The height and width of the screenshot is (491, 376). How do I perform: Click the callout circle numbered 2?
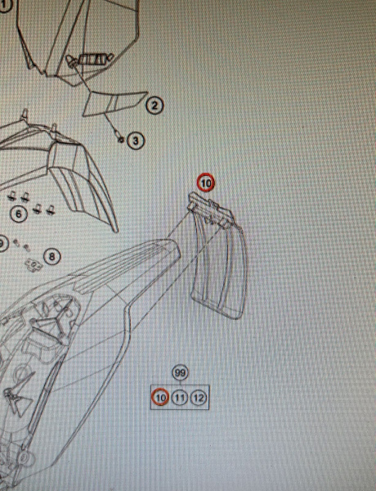click(154, 106)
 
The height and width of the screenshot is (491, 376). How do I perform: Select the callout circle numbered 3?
click(136, 141)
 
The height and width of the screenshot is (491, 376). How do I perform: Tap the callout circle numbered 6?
click(19, 214)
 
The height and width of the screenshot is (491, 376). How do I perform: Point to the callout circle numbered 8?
click(52, 257)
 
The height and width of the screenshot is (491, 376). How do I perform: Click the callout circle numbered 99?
click(180, 373)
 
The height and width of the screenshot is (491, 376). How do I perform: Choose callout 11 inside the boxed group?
click(180, 398)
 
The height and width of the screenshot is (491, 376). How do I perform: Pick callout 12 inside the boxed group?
click(199, 398)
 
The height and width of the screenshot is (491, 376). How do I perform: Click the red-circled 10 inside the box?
click(160, 398)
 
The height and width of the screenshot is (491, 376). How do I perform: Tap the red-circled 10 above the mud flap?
click(206, 182)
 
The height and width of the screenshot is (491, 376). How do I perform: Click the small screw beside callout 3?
click(120, 139)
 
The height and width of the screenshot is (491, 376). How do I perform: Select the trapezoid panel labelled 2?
click(114, 103)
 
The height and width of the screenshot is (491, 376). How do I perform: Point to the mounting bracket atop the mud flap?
click(210, 208)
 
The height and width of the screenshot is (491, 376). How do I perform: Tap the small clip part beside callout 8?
click(34, 265)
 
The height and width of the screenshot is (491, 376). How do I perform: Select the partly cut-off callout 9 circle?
click(3, 244)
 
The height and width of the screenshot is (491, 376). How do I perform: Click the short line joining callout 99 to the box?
click(181, 383)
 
